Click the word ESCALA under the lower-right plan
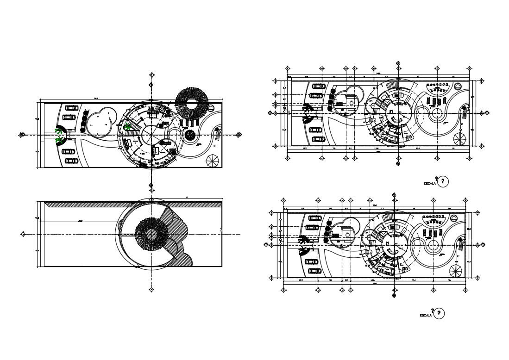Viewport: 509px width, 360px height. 425,316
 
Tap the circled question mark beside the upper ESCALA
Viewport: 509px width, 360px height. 443,181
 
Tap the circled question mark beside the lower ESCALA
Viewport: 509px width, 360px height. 438,313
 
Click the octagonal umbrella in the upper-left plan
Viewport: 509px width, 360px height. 212,160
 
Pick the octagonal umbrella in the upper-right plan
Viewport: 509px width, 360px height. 460,139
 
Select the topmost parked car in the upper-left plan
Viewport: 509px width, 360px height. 71,108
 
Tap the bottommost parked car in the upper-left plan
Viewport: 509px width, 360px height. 71,161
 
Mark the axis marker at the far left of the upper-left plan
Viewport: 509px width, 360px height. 22,135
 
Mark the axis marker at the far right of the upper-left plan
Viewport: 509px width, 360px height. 239,135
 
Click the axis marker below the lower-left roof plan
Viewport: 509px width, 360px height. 151,290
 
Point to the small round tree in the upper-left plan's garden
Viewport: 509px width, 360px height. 190,135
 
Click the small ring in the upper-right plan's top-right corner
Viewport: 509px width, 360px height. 458,86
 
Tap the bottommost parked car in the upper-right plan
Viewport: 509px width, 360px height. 316,139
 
